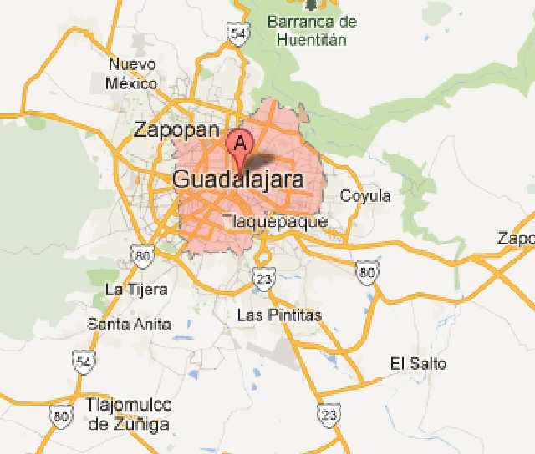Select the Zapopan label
176,129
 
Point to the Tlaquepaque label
275,221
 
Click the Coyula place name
365,196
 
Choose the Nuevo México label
132,74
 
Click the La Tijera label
136,290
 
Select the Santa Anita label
130,325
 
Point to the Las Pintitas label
279,315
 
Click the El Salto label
418,363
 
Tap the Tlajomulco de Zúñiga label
129,415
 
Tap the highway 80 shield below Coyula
364,270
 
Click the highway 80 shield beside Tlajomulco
60,416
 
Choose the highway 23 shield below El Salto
329,413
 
